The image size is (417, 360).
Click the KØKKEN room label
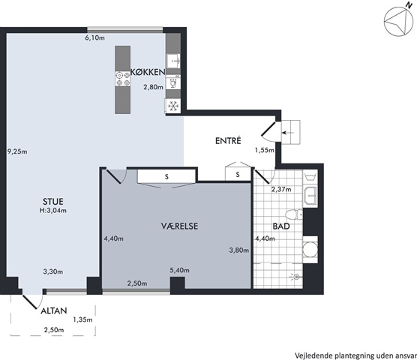(x=148, y=72)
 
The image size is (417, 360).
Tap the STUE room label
(x=53, y=201)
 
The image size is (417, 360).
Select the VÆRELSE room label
(x=179, y=226)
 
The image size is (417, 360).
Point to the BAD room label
(x=281, y=226)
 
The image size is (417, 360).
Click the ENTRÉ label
(x=228, y=140)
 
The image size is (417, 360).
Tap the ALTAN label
(x=54, y=310)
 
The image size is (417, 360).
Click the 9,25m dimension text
(x=17, y=151)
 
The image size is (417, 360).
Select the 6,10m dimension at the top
(x=95, y=38)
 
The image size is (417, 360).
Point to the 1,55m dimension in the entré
(x=264, y=151)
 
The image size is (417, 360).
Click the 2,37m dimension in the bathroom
(x=281, y=189)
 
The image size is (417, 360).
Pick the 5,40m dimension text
(x=180, y=271)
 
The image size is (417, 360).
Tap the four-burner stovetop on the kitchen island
(x=123, y=79)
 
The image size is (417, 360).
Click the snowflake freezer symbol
(x=173, y=106)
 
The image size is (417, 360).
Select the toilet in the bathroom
(x=294, y=214)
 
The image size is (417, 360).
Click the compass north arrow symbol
(x=398, y=22)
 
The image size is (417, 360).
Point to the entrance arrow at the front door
(x=288, y=133)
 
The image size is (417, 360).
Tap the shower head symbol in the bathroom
(x=295, y=277)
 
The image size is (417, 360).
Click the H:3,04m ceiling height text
(x=53, y=211)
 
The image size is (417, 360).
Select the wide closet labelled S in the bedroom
(x=166, y=176)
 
